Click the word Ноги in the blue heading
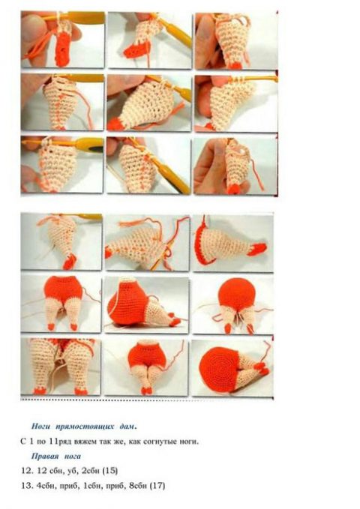(x=41, y=427)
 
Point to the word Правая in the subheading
(x=45, y=456)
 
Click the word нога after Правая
(x=72, y=457)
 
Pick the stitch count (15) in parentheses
(x=110, y=471)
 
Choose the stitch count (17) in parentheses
(x=157, y=486)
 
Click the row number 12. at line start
(x=27, y=471)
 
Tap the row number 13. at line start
(x=27, y=486)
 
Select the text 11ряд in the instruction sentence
(x=61, y=442)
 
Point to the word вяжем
(x=83, y=442)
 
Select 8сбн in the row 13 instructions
(x=138, y=486)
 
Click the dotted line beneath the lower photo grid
(x=147, y=399)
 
